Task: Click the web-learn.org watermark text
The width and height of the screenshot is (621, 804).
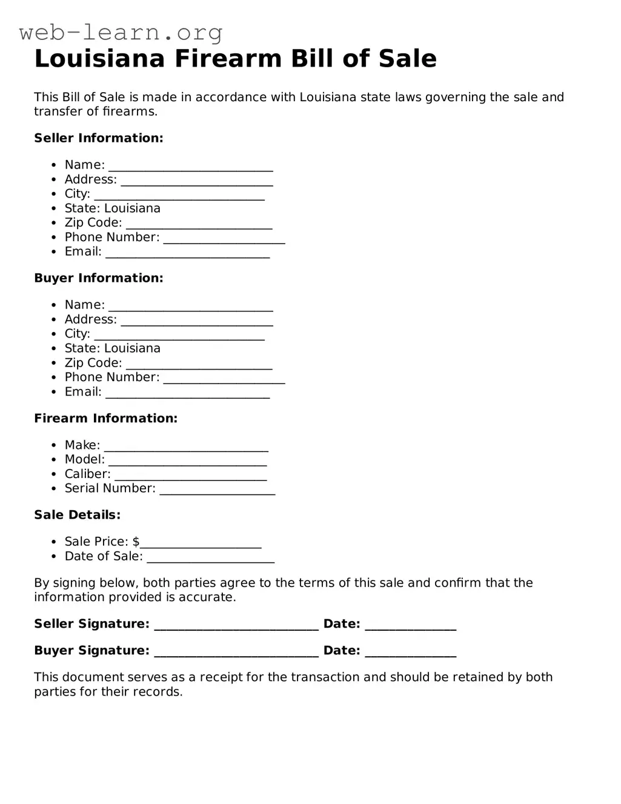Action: (121, 32)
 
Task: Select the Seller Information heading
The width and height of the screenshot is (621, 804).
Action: (99, 138)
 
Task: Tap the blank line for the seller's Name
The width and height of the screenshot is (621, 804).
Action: (190, 166)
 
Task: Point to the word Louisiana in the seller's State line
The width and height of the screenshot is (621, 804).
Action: (132, 208)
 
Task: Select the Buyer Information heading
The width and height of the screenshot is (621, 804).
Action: (99, 278)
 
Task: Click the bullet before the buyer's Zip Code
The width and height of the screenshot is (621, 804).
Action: (54, 364)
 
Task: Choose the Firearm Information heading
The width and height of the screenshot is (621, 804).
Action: (105, 418)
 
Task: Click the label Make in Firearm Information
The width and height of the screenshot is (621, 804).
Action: (82, 445)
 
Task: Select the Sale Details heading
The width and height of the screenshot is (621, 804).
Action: (77, 515)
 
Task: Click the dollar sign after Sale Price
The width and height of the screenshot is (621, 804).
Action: (136, 542)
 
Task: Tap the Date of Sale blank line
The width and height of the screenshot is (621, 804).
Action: (210, 557)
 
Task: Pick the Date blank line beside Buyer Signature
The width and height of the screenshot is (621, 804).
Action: (410, 652)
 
